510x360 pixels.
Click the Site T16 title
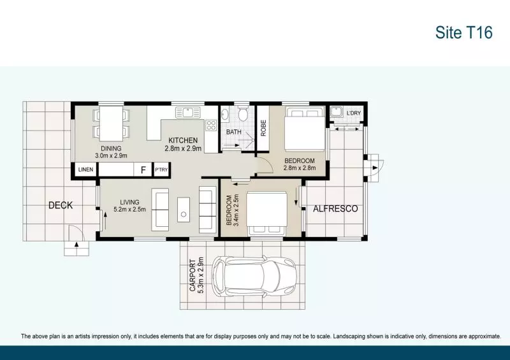463,33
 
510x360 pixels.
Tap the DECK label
61,205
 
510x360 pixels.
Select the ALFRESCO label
335,208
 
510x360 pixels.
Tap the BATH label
234,132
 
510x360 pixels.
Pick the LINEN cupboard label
85,170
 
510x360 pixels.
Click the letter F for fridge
143,170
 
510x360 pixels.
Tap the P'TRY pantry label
161,170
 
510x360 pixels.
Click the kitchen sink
188,113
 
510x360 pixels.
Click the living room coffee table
184,210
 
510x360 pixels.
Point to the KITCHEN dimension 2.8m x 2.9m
183,148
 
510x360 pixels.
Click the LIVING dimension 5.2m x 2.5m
129,210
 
